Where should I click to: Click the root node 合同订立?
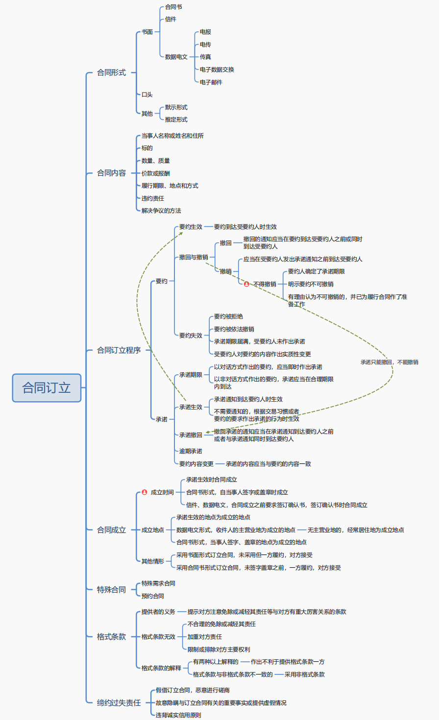[47, 388]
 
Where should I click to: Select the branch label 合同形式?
[111, 72]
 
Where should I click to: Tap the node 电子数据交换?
[217, 70]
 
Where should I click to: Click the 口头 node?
[147, 95]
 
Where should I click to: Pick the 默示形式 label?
[176, 107]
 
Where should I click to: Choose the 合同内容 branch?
[111, 173]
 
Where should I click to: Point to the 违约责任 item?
[153, 198]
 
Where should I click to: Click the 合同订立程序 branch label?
[119, 350]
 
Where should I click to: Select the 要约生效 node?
[191, 227]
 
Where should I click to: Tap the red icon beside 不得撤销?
[246, 284]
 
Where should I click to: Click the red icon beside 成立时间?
[145, 492]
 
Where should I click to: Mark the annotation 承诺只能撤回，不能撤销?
[389, 362]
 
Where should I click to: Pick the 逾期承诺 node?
[191, 451]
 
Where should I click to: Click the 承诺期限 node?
[191, 375]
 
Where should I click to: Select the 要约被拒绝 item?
[228, 316]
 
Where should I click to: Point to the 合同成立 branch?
[111, 530]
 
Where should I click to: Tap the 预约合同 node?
[153, 596]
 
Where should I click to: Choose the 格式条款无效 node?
[158, 637]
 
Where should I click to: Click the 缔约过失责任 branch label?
[119, 703]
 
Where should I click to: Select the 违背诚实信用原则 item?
[178, 715]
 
